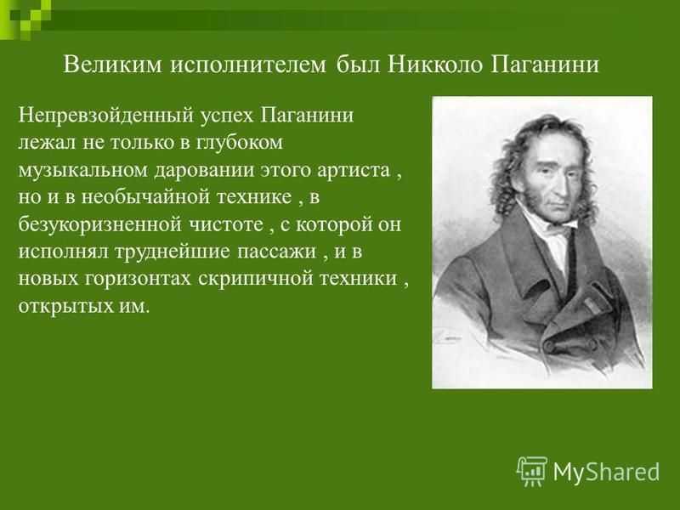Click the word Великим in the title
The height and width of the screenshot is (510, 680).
click(x=113, y=65)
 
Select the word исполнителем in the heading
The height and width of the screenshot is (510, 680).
click(x=247, y=65)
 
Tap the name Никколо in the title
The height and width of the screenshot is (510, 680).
click(x=435, y=65)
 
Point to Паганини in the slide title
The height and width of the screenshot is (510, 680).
click(x=546, y=65)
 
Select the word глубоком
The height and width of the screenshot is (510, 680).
click(x=240, y=142)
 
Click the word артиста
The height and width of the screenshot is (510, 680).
click(x=354, y=170)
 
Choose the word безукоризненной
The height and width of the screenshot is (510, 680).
click(x=99, y=225)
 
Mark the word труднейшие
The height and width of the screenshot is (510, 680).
click(x=172, y=252)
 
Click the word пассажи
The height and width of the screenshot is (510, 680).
click(x=276, y=252)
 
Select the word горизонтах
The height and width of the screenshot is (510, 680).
click(x=138, y=280)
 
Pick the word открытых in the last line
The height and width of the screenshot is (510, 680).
click(x=65, y=307)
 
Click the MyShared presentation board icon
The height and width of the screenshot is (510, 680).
click(x=532, y=471)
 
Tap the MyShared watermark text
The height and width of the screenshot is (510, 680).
click(x=606, y=472)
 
